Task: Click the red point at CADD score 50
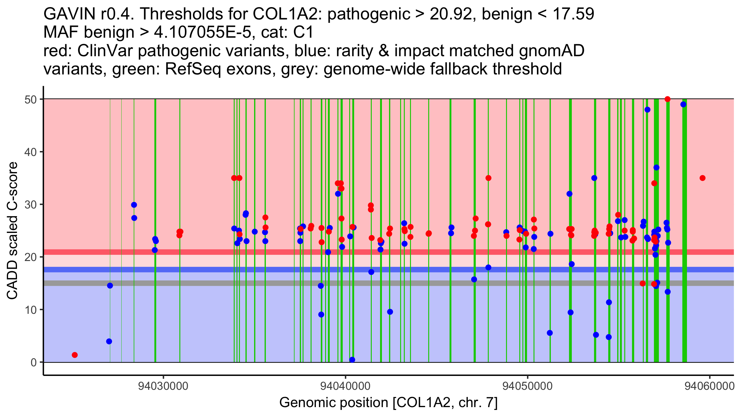click(668, 99)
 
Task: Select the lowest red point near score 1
click(75, 355)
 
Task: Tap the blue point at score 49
click(683, 104)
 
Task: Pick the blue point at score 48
click(647, 110)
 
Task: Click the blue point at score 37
click(656, 167)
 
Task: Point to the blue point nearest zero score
click(352, 360)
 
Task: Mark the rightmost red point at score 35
click(702, 178)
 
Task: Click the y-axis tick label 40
click(31, 152)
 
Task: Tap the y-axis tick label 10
click(31, 310)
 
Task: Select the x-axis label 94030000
click(163, 386)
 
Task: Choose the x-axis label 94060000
click(710, 386)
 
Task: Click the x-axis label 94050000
click(527, 386)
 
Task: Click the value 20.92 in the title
click(453, 14)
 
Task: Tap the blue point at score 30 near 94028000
click(134, 205)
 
